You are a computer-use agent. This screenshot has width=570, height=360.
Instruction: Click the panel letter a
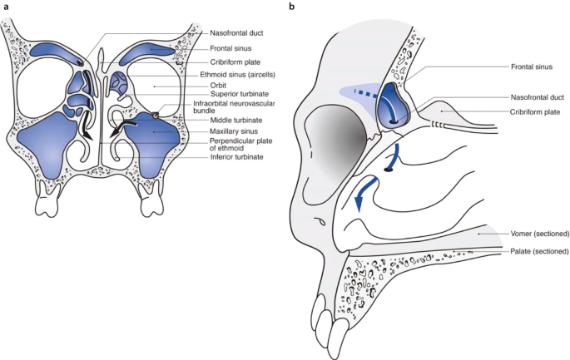pos(7,7)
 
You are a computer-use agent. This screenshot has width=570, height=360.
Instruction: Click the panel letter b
pos(290,7)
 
